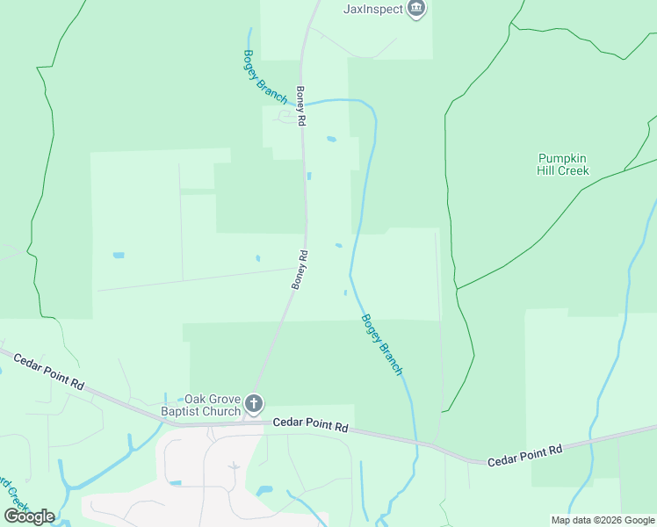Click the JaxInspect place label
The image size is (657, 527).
pos(372,10)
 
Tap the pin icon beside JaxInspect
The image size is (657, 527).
pos(417,10)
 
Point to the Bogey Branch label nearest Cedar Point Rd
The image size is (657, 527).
pos(382,345)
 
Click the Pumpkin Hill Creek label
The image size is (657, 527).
pos(563,164)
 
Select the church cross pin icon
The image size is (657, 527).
pos(254,405)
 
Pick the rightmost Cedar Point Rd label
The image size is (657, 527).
pos(524,455)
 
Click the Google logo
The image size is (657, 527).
pos(29,516)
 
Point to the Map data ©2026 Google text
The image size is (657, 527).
pos(603,520)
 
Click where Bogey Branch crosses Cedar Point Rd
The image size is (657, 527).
pos(415,441)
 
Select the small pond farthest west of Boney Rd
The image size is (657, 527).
pos(119,256)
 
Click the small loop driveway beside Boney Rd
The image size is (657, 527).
pos(285,116)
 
